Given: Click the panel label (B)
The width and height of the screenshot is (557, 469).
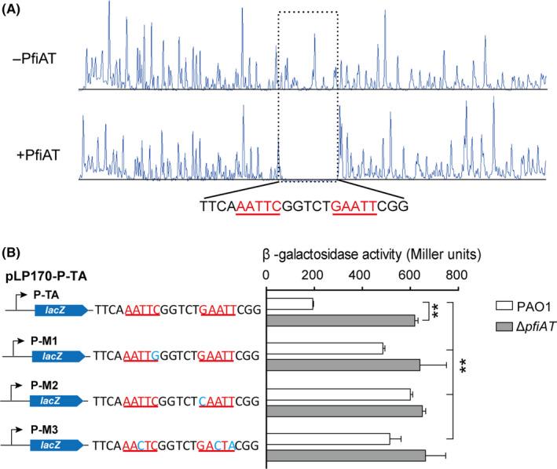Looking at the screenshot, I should (13, 255).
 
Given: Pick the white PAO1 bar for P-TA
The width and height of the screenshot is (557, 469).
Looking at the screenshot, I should (291, 304).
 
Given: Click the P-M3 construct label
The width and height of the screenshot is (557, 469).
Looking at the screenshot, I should (46, 432).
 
